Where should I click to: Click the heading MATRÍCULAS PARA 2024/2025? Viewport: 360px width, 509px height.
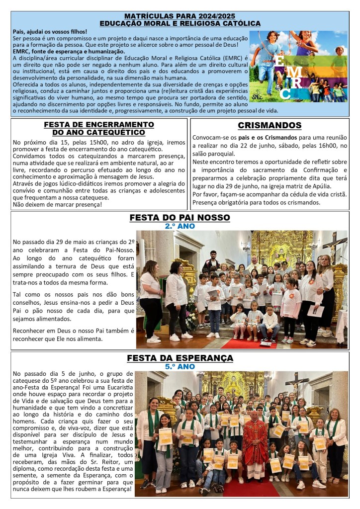[180, 16]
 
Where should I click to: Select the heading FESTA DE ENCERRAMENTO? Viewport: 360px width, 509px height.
[99, 125]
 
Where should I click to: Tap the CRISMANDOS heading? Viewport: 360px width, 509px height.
[270, 126]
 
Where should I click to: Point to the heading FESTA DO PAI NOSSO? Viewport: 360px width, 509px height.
[180, 218]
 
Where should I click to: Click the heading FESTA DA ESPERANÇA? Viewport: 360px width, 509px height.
[180, 358]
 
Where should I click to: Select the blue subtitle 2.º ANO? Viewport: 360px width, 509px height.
[180, 226]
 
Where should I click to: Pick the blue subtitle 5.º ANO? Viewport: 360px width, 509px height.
[180, 366]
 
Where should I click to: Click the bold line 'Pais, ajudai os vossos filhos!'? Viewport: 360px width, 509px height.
[50, 32]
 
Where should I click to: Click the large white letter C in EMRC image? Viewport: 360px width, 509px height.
[285, 93]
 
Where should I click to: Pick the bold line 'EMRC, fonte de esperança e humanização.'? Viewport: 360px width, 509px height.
[68, 51]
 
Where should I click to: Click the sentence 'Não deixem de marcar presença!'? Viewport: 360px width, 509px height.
[57, 204]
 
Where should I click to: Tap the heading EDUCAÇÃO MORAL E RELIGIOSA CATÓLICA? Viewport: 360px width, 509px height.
[180, 23]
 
